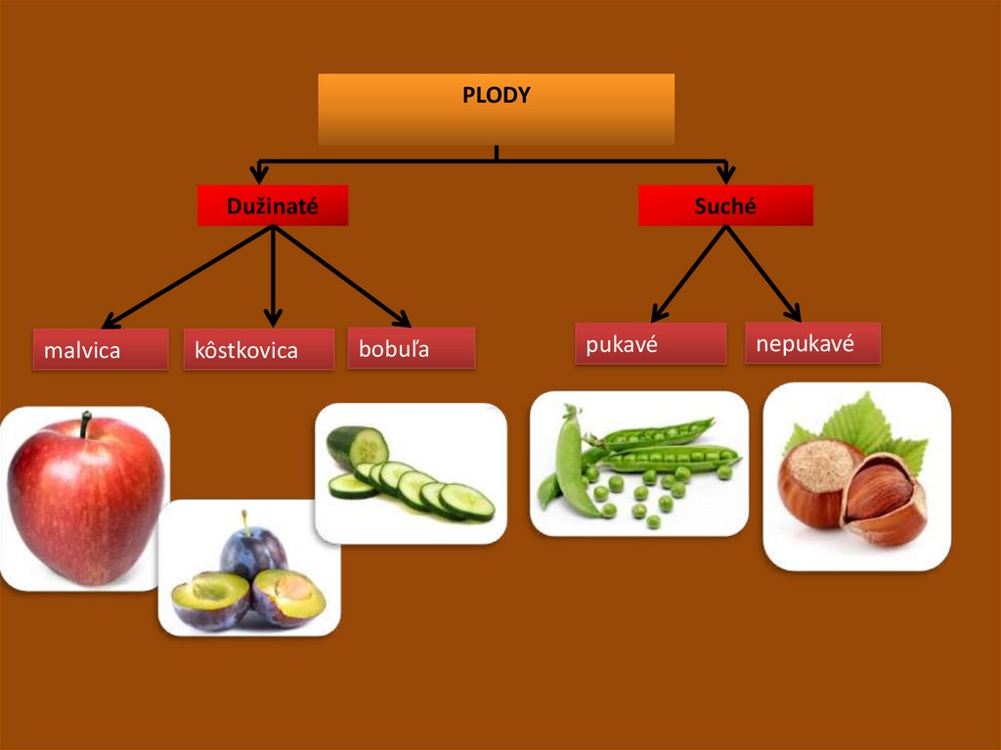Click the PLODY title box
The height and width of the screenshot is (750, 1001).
pos(497,109)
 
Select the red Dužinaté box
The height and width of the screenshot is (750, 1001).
pos(273,205)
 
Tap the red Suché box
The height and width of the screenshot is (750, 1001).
pos(725,205)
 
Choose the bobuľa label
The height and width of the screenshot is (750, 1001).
pos(411,348)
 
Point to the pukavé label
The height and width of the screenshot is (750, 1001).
pos(650,343)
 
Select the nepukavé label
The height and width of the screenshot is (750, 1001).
pos(812,343)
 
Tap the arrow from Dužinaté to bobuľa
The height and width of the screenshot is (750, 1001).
pos(342,276)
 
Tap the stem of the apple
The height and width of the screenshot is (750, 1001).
pos(86,424)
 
